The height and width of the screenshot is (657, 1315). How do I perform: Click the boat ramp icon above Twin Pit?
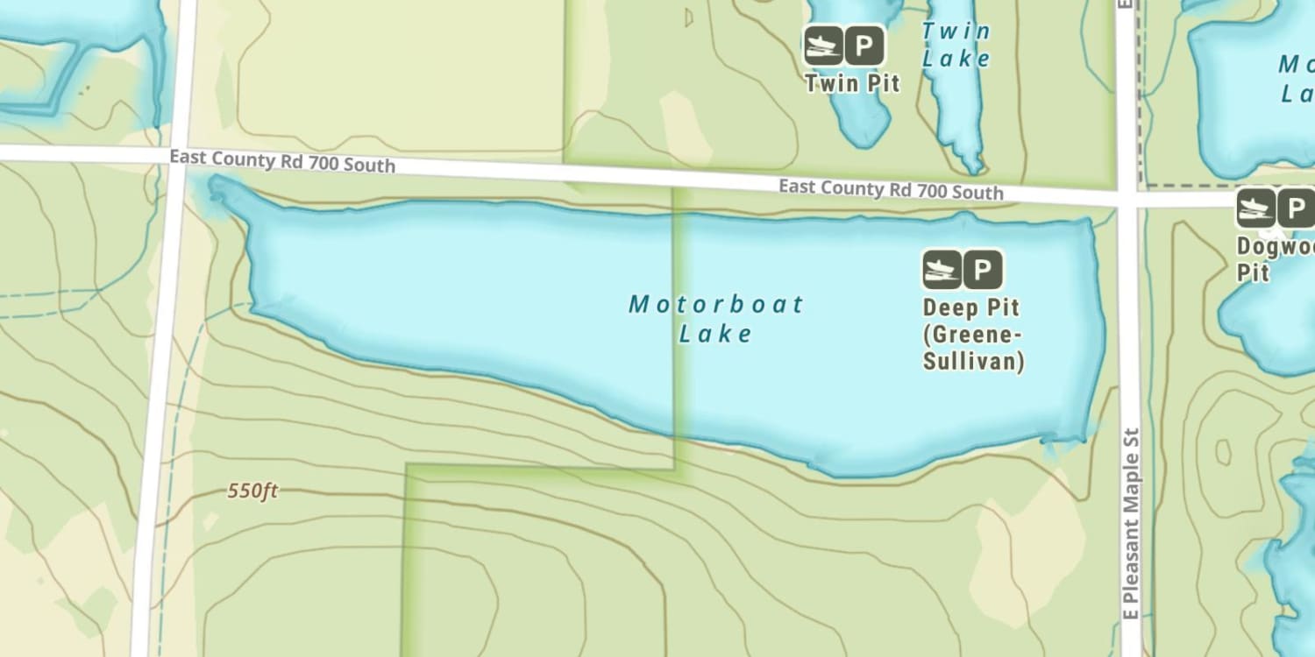click(823, 46)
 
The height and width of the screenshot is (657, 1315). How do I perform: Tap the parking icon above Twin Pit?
click(864, 46)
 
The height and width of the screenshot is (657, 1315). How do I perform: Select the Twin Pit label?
click(852, 83)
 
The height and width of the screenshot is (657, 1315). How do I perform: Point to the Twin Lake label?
click(956, 45)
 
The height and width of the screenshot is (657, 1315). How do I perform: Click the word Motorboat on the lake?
click(716, 304)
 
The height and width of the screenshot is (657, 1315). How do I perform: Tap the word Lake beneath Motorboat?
click(716, 334)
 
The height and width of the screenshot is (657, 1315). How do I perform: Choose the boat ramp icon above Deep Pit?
click(942, 269)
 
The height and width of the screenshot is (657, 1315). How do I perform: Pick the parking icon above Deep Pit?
click(983, 269)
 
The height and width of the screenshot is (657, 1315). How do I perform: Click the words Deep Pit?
click(970, 308)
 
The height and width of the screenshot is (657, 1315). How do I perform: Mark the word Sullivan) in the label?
click(973, 361)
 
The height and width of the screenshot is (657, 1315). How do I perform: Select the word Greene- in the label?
click(972, 335)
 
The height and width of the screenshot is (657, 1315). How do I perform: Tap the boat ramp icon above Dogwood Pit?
click(1256, 208)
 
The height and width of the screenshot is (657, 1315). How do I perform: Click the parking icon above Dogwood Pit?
click(1296, 208)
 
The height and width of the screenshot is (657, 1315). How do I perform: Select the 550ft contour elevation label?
click(252, 491)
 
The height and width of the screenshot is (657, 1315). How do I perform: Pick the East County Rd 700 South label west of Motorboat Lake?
click(281, 160)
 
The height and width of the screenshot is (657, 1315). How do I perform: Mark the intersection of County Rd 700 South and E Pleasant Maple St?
click(1127, 200)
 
